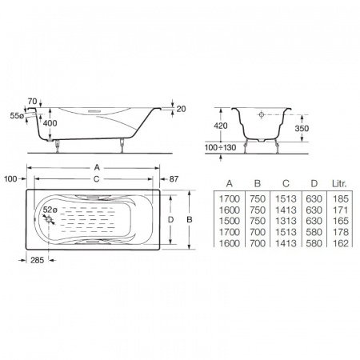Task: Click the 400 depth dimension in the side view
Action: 50,123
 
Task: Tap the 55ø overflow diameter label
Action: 17,116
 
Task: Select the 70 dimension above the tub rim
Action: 32,102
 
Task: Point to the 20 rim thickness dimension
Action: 181,109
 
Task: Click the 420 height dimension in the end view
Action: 221,126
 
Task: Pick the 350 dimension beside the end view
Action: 302,128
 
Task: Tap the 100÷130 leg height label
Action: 220,147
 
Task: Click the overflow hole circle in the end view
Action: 262,114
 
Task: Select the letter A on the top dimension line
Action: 97,167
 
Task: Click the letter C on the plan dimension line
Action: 97,179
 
